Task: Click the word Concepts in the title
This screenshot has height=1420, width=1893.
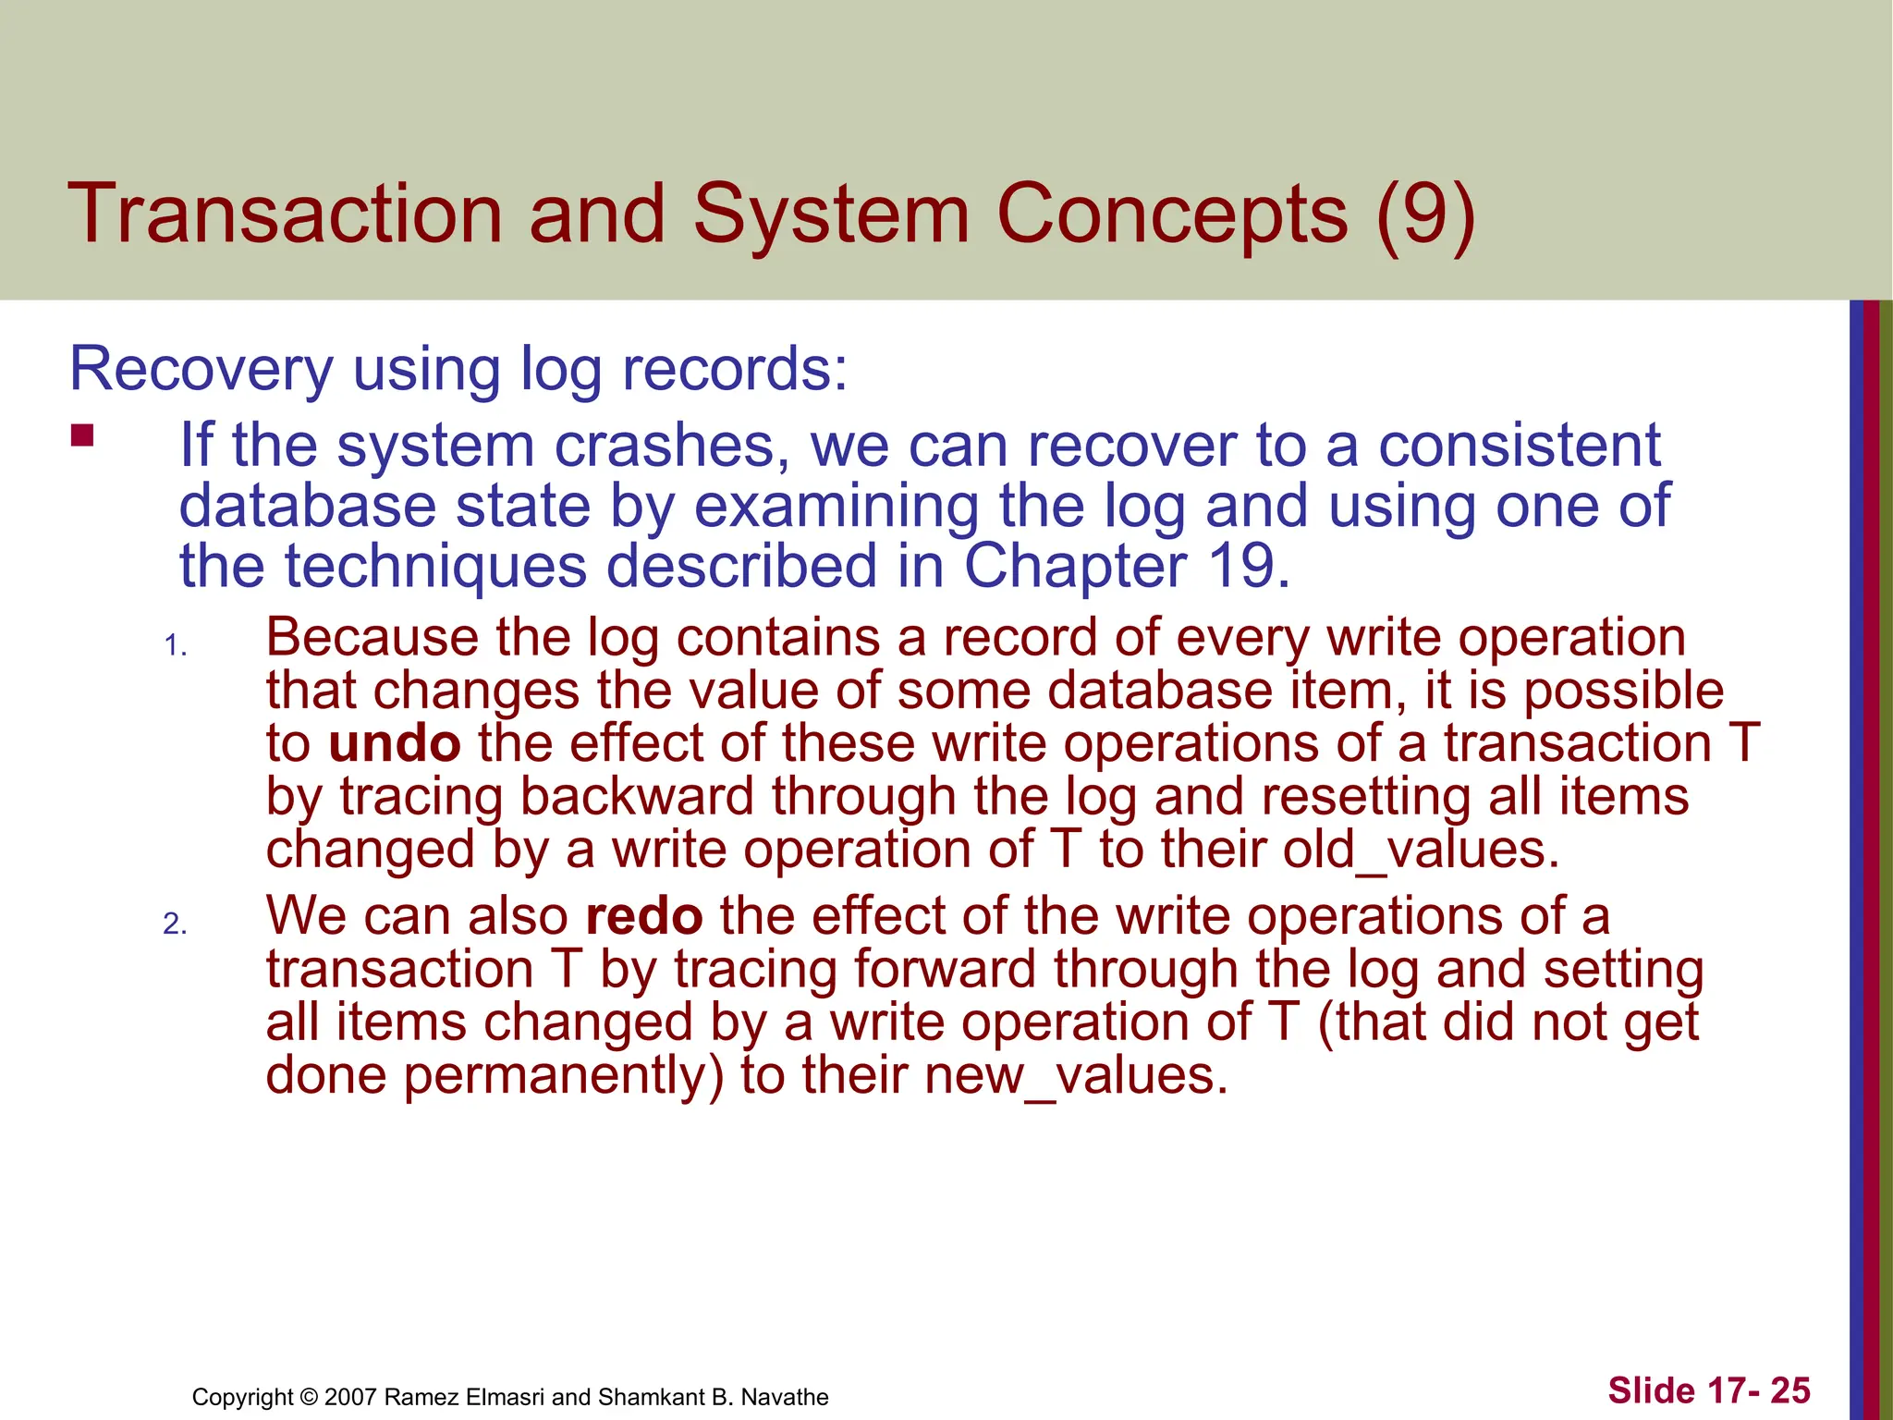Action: [1172, 214]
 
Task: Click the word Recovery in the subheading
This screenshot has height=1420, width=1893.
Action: [201, 370]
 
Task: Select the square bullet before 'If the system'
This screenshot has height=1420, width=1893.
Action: [82, 435]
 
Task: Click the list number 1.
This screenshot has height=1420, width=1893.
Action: [175, 645]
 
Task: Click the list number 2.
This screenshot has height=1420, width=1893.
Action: [175, 924]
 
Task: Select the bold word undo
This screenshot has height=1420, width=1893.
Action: [395, 744]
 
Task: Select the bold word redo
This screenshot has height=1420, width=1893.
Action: [644, 916]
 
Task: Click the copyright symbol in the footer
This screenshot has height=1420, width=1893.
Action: [309, 1397]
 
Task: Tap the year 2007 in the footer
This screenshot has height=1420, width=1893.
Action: [350, 1397]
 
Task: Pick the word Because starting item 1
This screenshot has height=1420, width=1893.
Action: [372, 638]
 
